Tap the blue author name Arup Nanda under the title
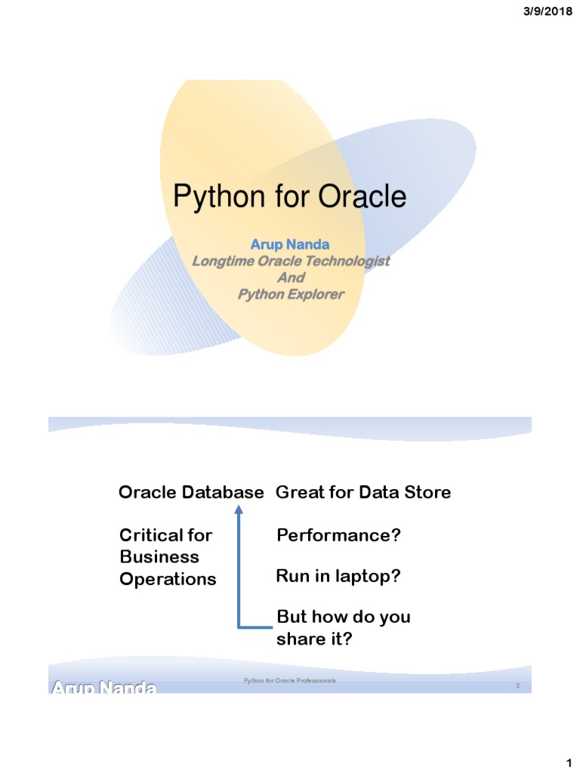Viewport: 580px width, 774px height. point(290,244)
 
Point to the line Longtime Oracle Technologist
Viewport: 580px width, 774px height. point(291,261)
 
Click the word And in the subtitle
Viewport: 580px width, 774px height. point(291,277)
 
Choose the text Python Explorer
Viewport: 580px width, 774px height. point(291,294)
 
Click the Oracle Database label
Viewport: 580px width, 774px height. point(191,493)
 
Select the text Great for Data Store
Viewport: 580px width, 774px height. point(363,493)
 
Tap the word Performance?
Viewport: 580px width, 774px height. point(338,536)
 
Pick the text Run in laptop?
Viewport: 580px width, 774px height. point(338,577)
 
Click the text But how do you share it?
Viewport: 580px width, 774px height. point(344,628)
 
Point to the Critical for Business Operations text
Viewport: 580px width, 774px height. point(168,557)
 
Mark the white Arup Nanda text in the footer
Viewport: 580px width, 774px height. point(103,688)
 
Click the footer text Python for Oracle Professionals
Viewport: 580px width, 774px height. point(290,681)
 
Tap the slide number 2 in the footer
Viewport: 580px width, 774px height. point(517,686)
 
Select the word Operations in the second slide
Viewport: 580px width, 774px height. point(168,579)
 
